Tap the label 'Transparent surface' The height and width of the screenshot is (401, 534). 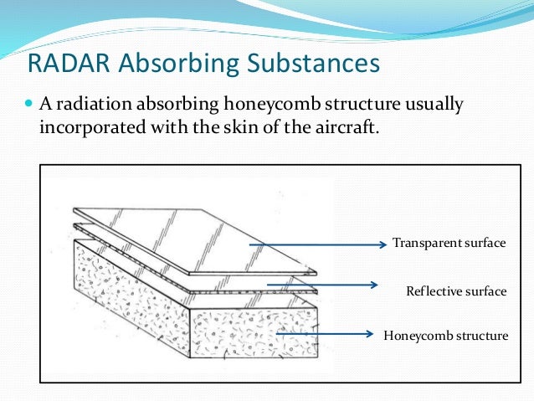[x=449, y=244]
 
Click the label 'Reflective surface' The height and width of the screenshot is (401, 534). [x=456, y=291]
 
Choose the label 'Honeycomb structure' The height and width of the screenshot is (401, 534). [x=445, y=336]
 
